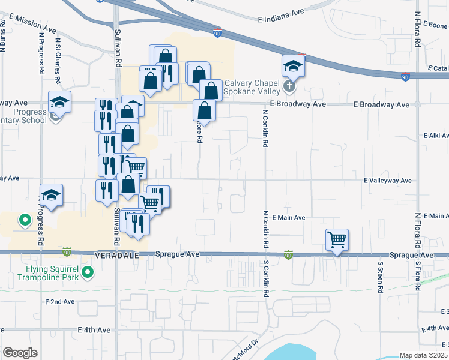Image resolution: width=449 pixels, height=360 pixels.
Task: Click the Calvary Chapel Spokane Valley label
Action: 252,88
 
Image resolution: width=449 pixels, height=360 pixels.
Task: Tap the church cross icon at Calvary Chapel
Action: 289,86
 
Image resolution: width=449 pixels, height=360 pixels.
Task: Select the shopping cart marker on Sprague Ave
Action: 337,240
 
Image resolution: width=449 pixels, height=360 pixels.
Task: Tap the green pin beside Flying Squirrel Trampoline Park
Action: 88,273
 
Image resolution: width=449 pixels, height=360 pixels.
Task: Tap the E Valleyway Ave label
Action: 388,180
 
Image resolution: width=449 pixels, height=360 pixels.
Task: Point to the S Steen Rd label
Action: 380,277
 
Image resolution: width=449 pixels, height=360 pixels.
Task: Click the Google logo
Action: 20,353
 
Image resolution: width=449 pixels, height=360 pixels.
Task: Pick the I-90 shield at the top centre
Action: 217,34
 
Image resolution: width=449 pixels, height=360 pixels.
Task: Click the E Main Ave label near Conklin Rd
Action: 289,218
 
